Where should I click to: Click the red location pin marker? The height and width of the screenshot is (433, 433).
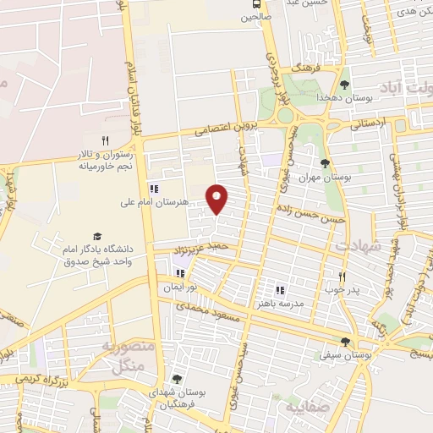[x=218, y=198]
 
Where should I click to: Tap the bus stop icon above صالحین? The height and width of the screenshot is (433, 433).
[x=257, y=4]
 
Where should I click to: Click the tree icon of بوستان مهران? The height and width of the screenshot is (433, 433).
[x=325, y=163]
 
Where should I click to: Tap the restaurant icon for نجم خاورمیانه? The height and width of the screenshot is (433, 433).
[x=106, y=141]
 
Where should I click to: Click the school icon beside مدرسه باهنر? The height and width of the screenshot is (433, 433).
[x=279, y=290]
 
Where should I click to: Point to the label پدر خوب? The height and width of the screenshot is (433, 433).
[x=343, y=290]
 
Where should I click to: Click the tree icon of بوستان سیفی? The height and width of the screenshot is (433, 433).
[x=344, y=343]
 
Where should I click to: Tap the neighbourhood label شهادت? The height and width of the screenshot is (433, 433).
[x=359, y=245]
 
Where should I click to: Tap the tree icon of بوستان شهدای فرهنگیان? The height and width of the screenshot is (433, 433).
[x=176, y=379]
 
